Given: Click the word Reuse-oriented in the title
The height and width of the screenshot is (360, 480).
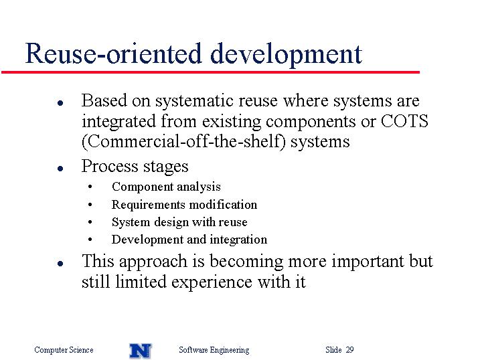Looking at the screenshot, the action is click(x=113, y=54).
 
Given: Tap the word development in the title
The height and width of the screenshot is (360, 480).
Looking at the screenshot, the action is click(x=287, y=54).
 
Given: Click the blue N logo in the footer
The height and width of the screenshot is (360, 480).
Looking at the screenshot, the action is click(x=140, y=351).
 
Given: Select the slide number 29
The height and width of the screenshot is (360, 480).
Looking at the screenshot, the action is click(x=349, y=349).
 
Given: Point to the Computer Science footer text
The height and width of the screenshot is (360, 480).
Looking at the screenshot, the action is click(x=64, y=350).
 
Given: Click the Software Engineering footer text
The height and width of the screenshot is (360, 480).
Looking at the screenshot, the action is click(x=214, y=350).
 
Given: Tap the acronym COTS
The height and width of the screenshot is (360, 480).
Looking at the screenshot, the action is click(x=404, y=121).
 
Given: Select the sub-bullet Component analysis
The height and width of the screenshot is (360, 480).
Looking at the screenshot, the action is click(x=166, y=187).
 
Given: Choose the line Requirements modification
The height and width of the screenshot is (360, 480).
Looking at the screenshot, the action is click(x=184, y=204).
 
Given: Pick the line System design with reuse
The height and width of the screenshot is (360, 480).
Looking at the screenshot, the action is click(x=179, y=222).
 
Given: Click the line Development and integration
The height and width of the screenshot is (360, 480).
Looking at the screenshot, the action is click(x=189, y=240).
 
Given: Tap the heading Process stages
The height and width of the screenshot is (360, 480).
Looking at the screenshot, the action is click(x=135, y=167).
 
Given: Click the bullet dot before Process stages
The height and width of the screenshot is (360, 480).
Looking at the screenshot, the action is click(x=60, y=168).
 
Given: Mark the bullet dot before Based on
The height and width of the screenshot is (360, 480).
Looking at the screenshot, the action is click(x=60, y=103).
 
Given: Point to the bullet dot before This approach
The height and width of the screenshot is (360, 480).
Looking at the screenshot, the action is click(x=60, y=264).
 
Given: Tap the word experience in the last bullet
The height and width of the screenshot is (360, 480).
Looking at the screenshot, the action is click(x=212, y=282).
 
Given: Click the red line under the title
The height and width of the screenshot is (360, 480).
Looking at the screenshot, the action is click(x=211, y=72).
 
